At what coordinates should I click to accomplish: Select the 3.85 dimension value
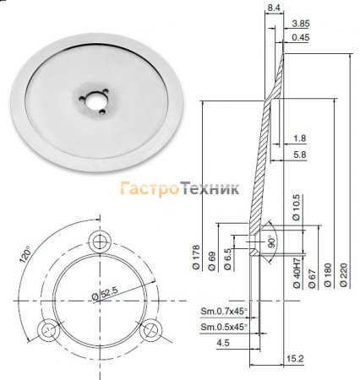coord(298,23)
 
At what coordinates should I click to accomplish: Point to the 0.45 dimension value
coord(298,37)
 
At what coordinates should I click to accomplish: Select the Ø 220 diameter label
coord(345,274)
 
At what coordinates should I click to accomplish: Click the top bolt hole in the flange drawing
coord(103,241)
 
